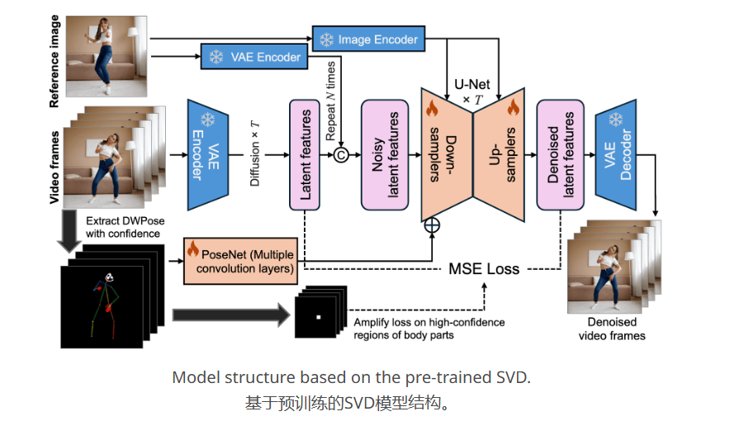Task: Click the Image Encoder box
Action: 368,39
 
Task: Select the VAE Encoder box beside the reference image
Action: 254,57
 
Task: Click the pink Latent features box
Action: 305,154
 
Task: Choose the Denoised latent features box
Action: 561,154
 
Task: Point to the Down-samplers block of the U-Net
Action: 446,153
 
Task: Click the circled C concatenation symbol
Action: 340,154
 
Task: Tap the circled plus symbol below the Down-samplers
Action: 431,224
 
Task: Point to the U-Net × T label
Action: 472,91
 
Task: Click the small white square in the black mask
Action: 316,317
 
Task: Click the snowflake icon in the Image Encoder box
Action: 327,39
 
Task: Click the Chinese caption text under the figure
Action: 350,404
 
